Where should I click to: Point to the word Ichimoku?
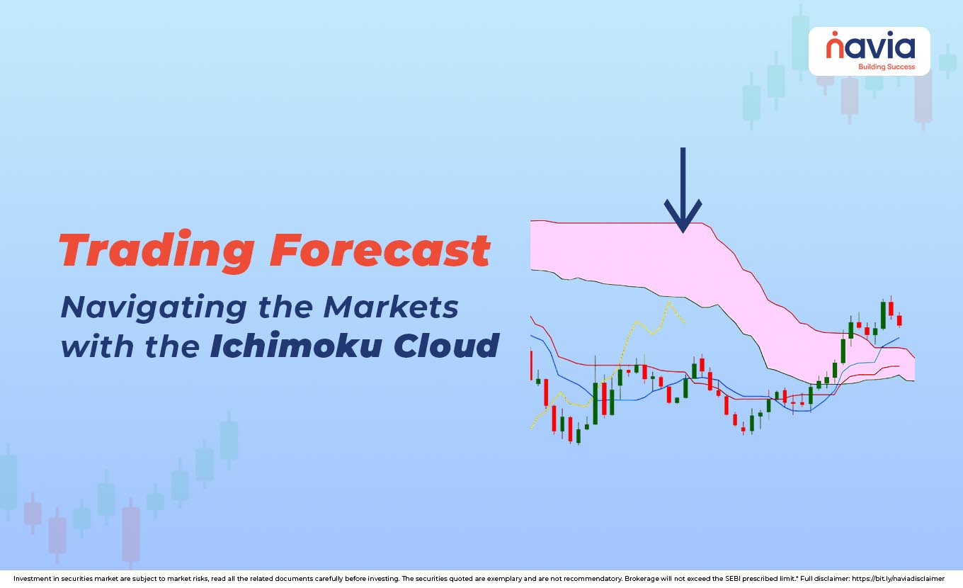tap(297, 346)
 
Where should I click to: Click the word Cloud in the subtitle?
tap(446, 346)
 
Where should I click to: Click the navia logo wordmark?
tap(870, 47)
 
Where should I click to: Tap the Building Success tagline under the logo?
tap(886, 67)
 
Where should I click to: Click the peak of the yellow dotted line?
tap(667, 302)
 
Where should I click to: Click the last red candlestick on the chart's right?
tap(899, 320)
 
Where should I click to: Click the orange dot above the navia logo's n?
tap(835, 33)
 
